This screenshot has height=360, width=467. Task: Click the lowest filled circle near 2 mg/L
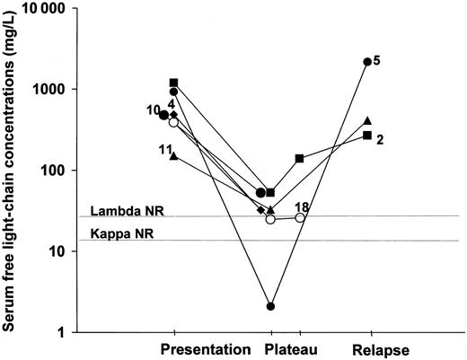(270, 306)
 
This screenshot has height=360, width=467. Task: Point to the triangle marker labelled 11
(173, 155)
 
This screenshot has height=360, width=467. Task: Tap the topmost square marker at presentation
(173, 83)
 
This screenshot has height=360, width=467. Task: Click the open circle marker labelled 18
(300, 217)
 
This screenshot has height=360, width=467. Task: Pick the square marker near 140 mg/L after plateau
(299, 158)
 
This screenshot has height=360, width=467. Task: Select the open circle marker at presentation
(174, 122)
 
